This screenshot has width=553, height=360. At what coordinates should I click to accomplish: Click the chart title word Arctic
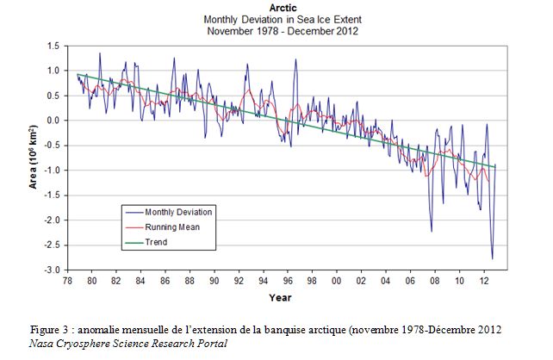(x=283, y=8)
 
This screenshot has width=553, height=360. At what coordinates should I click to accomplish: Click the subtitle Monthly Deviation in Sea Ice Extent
(x=283, y=20)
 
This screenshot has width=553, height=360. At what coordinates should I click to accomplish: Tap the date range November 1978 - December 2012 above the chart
(x=283, y=31)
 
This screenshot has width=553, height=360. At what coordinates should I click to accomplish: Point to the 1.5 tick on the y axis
(x=53, y=47)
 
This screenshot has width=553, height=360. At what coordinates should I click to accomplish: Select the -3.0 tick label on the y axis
(x=52, y=270)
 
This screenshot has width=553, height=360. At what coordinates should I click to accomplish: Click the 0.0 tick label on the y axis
(x=53, y=121)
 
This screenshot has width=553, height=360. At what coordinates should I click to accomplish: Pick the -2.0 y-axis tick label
(x=52, y=220)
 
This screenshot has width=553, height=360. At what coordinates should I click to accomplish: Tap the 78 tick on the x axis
(x=67, y=281)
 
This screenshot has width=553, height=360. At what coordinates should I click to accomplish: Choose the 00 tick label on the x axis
(x=337, y=281)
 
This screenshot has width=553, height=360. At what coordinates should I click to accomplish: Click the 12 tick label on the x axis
(x=484, y=281)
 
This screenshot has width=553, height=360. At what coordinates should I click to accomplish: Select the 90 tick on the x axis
(x=214, y=281)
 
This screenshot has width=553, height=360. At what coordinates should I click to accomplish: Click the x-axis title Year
(x=281, y=298)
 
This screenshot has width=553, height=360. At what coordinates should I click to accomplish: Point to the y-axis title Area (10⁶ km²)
(x=33, y=157)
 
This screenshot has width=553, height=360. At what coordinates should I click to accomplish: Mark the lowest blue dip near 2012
(x=493, y=258)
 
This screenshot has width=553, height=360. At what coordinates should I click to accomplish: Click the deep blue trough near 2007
(x=432, y=231)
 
